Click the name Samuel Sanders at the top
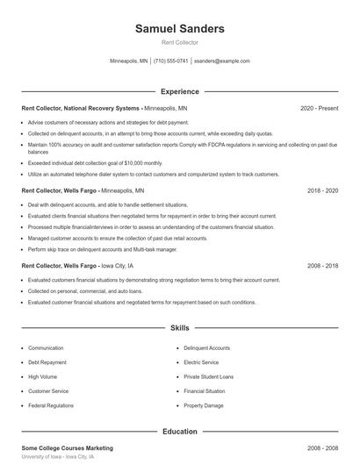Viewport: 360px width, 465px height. tap(179, 28)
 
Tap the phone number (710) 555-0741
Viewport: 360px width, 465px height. tap(170, 61)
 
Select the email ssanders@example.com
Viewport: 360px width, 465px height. tap(222, 61)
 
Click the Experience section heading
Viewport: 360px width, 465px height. tap(179, 91)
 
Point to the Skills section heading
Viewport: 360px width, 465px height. tap(179, 328)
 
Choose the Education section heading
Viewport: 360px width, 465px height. tap(179, 432)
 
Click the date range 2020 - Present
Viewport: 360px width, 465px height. tap(319, 108)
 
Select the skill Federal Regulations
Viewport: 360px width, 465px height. tap(52, 406)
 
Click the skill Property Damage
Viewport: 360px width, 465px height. tap(204, 406)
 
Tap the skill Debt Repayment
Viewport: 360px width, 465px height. tap(47, 361)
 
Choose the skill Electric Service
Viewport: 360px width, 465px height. tap(202, 361)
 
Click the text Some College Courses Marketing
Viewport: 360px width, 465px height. tap(67, 447)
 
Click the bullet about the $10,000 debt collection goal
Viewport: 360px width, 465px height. tap(95, 162)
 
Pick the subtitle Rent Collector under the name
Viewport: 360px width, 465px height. tap(179, 42)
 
